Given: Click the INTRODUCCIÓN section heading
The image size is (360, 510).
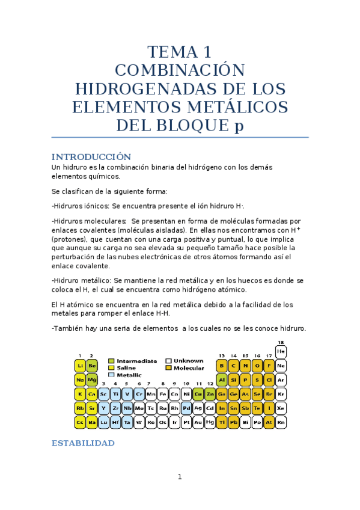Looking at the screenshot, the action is click(91, 156).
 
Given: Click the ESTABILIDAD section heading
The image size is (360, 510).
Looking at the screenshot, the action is click(83, 443).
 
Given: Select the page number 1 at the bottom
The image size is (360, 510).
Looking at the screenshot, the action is click(179, 478).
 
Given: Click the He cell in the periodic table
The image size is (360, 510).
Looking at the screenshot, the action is click(281, 351).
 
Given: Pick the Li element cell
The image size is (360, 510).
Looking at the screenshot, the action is click(80, 365).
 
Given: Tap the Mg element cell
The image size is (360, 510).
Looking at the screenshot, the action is click(91, 379).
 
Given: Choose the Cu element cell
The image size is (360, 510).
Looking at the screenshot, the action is click(198, 394).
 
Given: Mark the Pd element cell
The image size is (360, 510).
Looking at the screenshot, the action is click(186, 408).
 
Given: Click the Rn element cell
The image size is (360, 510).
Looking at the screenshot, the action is click(281, 422).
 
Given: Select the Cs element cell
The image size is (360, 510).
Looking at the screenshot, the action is click(80, 422).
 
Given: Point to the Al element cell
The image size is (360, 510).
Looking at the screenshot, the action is click(222, 379).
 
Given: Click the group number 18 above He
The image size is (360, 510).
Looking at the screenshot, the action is click(281, 343).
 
